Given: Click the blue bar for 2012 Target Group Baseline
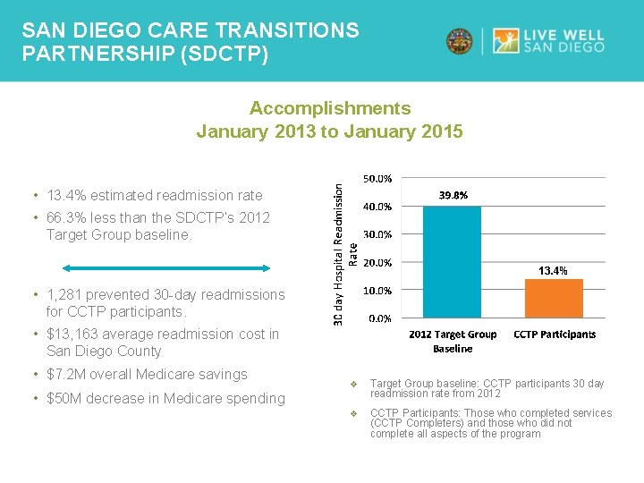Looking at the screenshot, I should [452, 262].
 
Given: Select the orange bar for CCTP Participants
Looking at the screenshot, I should [553, 299].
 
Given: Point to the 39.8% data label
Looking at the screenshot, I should [453, 195].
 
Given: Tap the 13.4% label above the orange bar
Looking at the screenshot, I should [552, 270].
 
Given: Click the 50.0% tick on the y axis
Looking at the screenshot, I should [377, 179].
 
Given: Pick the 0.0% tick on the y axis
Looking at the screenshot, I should [379, 318].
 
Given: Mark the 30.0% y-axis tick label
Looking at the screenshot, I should [377, 234].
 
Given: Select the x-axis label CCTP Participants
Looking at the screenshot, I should [554, 335].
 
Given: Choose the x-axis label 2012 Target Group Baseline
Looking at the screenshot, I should [453, 341].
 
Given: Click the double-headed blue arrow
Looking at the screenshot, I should [166, 267].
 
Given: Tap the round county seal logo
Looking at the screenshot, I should [460, 41].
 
